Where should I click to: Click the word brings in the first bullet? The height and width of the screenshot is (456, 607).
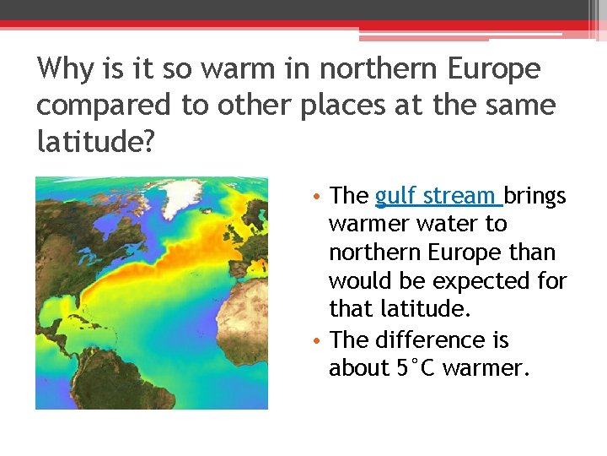[x=535, y=196]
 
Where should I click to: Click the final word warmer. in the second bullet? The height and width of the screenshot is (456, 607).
[x=483, y=368]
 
